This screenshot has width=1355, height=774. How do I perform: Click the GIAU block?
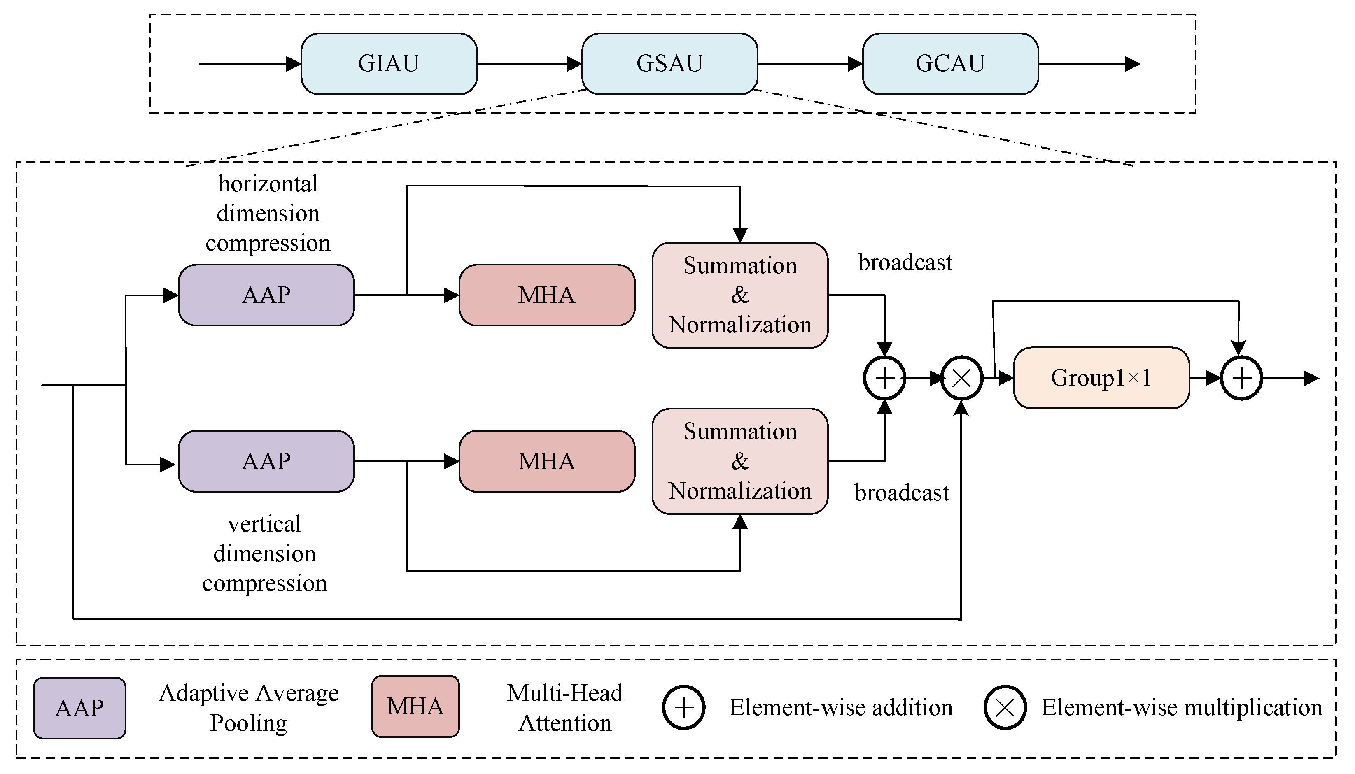(389, 64)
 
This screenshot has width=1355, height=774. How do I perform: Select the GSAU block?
(669, 64)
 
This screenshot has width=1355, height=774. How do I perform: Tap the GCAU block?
(950, 64)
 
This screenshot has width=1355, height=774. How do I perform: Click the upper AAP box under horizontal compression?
(266, 295)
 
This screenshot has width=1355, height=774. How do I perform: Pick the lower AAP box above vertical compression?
(266, 461)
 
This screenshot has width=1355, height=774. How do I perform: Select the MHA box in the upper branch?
(547, 295)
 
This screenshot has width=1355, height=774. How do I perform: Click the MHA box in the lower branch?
(547, 461)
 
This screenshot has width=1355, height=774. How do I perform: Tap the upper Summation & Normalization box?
(740, 295)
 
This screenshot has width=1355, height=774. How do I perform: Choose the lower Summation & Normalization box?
(740, 461)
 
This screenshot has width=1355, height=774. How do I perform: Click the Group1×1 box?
(1101, 378)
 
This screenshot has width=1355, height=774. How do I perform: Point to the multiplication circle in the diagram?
(961, 379)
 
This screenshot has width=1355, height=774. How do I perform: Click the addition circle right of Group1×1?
(1241, 379)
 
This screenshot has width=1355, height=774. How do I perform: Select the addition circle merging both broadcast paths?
(884, 379)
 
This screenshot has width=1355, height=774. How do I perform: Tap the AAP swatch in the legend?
(80, 708)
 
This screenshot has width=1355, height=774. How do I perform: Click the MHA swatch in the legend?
(415, 707)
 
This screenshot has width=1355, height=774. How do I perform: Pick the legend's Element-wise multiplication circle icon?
(1005, 708)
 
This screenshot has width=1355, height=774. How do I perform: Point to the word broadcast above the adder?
(905, 263)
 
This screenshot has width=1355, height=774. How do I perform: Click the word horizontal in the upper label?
(268, 184)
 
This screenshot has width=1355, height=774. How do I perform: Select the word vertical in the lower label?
(264, 524)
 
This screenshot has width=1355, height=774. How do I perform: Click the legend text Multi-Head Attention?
(565, 708)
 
